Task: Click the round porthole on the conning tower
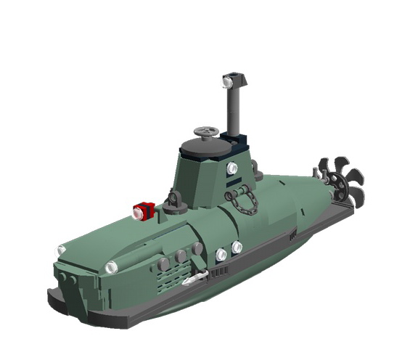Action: coord(232,168)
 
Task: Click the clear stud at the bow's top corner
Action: coord(61,250)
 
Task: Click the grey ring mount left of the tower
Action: coord(173,198)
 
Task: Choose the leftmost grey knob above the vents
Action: coord(164,263)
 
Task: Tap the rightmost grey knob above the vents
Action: coord(197,249)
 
